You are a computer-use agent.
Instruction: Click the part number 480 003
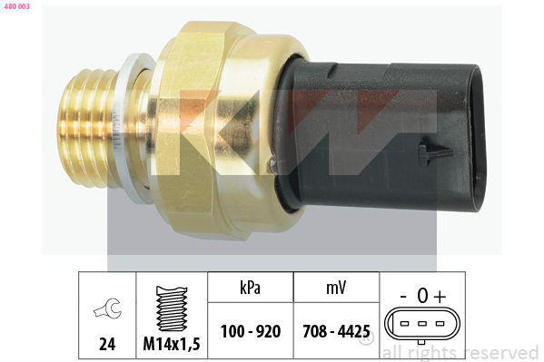16,6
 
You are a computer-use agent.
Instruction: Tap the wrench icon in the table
108,308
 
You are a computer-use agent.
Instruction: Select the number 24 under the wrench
107,344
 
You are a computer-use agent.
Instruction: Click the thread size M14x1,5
172,344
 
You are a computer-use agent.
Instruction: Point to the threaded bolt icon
172,308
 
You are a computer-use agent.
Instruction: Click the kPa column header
250,288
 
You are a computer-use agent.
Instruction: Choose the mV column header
336,288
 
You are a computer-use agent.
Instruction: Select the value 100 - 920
251,331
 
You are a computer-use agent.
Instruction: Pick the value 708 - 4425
336,331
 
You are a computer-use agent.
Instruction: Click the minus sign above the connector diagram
403,297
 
